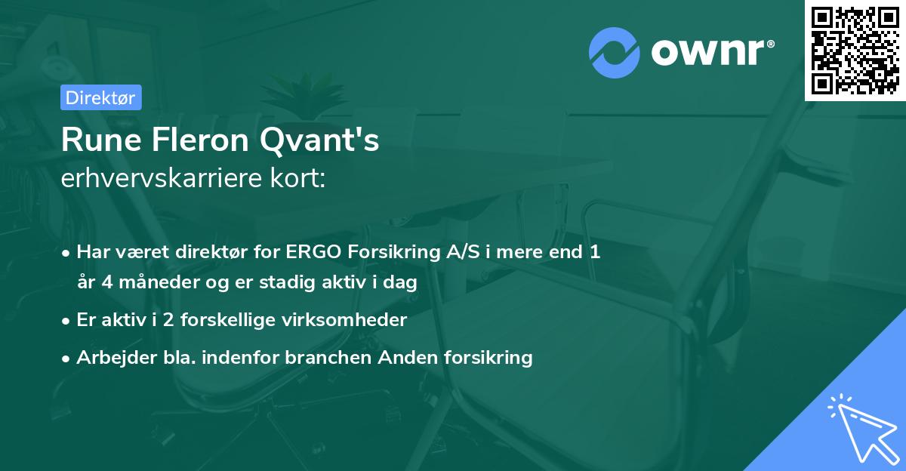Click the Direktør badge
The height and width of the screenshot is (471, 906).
point(100,97)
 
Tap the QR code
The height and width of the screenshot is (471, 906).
point(855,51)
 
